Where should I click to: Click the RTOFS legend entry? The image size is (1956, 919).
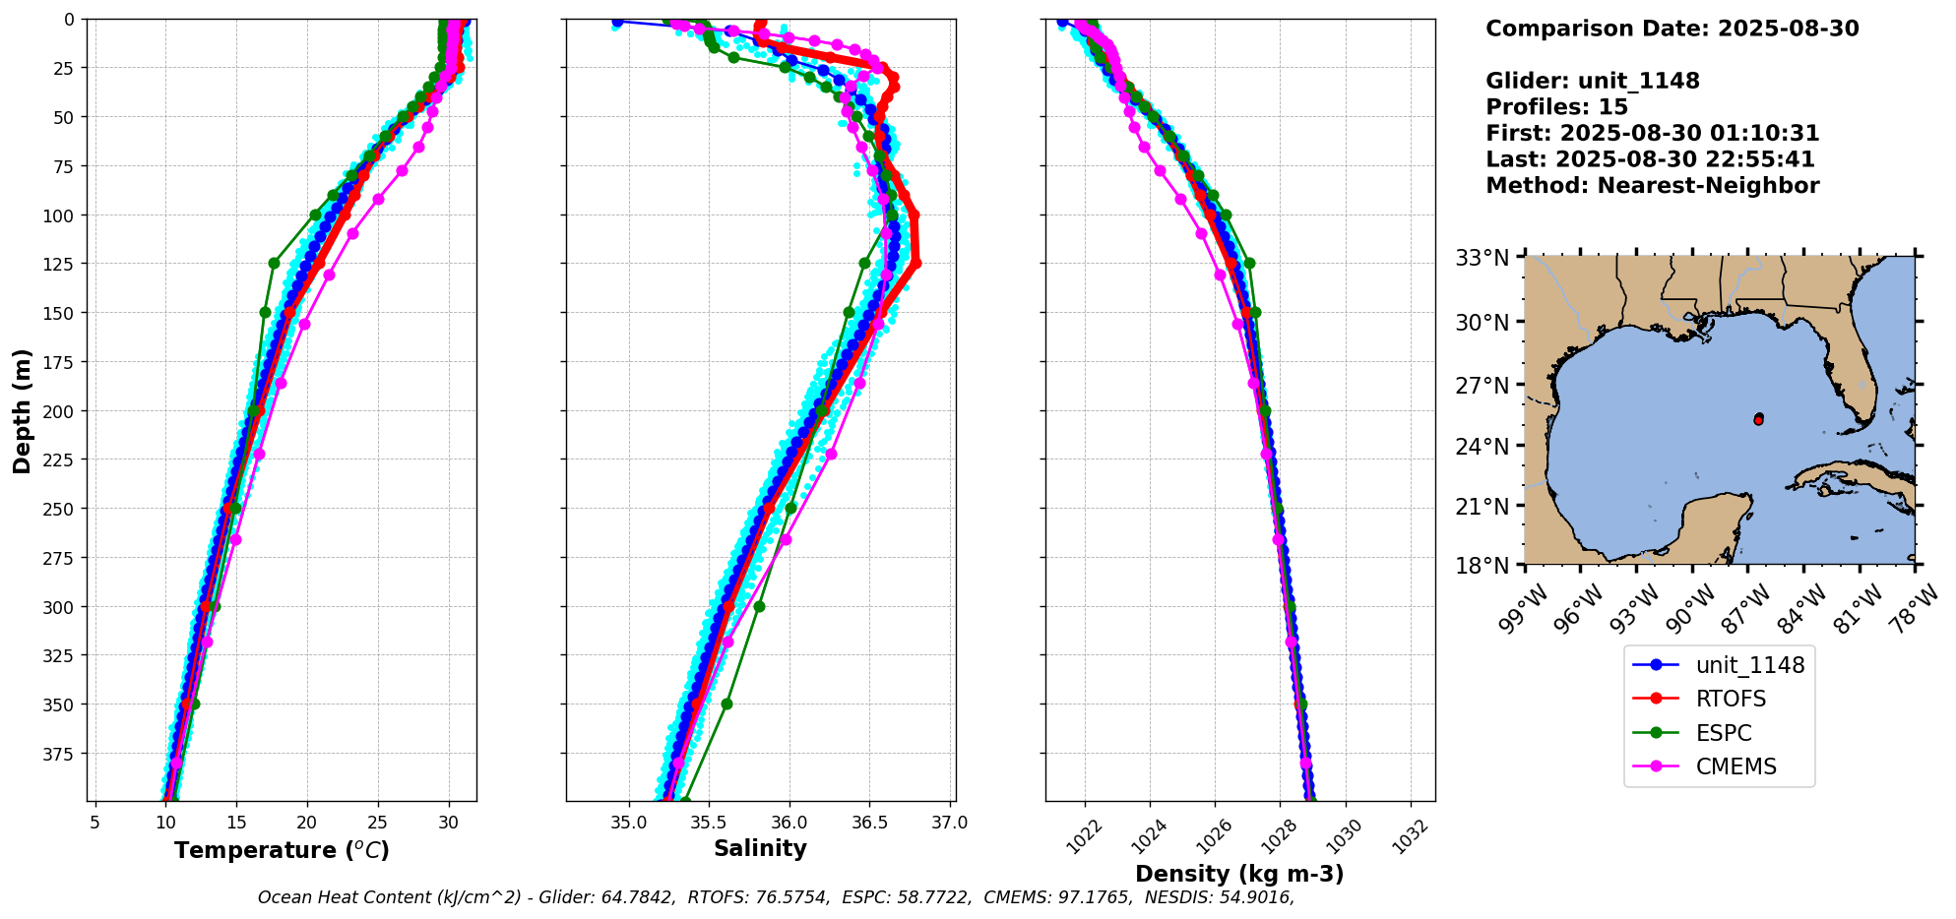(1730, 699)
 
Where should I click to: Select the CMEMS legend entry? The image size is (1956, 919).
(1735, 766)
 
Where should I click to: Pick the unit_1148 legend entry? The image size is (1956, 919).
(1749, 665)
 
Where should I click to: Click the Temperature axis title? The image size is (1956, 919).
(282, 850)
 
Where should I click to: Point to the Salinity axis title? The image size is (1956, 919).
(760, 848)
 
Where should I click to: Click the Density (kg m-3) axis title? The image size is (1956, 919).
(1239, 874)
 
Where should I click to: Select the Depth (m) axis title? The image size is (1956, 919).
(22, 410)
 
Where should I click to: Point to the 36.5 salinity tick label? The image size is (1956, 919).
(868, 822)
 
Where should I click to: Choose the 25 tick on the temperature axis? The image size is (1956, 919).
(378, 822)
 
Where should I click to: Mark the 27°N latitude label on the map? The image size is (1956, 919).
(1482, 385)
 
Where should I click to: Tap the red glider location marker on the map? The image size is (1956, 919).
(1758, 419)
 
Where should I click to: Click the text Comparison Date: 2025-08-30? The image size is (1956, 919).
(1672, 29)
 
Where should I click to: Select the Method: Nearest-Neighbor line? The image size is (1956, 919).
(1652, 185)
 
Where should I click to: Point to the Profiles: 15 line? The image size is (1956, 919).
(1556, 106)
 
